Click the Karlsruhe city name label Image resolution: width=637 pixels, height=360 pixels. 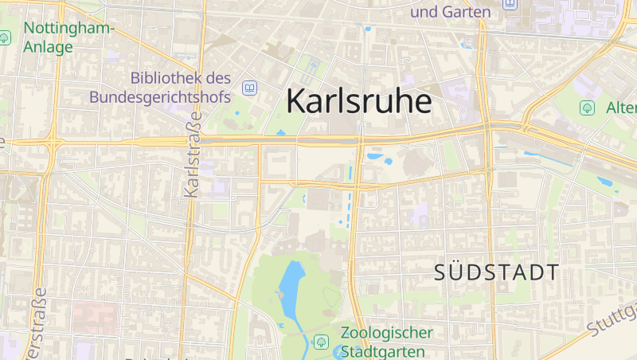pyautogui.click(x=358, y=101)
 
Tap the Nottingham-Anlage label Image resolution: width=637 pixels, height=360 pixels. pyautogui.click(x=68, y=37)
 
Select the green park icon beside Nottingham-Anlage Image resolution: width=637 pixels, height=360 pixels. pyautogui.click(x=5, y=37)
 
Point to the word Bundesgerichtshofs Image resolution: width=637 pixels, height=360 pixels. pyautogui.click(x=159, y=97)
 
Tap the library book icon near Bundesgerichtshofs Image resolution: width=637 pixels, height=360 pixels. pyautogui.click(x=250, y=88)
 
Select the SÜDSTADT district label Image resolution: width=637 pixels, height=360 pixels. pyautogui.click(x=497, y=272)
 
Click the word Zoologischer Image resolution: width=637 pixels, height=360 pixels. pyautogui.click(x=387, y=333)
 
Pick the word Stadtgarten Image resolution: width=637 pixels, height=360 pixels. pyautogui.click(x=382, y=351)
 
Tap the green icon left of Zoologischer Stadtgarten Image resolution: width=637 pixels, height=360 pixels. pyautogui.click(x=321, y=342)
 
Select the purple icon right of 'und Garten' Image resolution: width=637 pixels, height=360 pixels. pyautogui.click(x=509, y=5)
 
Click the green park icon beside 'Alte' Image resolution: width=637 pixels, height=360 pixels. pyautogui.click(x=588, y=107)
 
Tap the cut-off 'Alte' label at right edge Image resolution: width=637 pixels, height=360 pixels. pyautogui.click(x=620, y=107)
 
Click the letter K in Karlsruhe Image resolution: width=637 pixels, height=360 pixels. pyautogui.click(x=295, y=101)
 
